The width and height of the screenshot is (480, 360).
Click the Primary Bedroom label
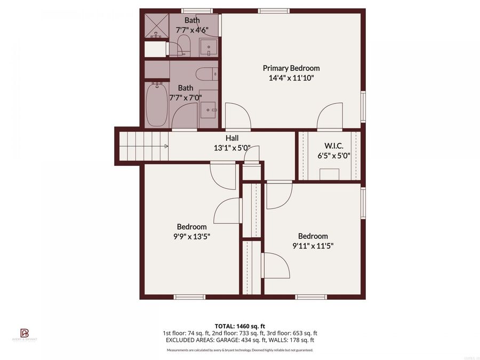pyautogui.click(x=291, y=68)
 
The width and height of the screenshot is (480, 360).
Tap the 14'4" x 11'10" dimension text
pyautogui.click(x=291, y=78)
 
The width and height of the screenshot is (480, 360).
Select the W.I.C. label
pyautogui.click(x=333, y=146)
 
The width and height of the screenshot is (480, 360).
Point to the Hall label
pyautogui.click(x=231, y=138)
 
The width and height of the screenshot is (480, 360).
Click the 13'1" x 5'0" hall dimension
pyautogui.click(x=231, y=148)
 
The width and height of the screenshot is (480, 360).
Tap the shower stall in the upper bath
pyautogui.click(x=156, y=26)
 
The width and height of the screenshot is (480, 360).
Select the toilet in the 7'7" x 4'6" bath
pyautogui.click(x=180, y=46)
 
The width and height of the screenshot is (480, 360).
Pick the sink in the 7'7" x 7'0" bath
pyautogui.click(x=209, y=110)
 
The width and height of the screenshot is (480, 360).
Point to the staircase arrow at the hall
pyautogui.click(x=166, y=146)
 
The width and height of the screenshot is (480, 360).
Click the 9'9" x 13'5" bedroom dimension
pyautogui.click(x=191, y=236)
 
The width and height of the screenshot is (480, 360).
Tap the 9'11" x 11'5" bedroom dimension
pyautogui.click(x=313, y=246)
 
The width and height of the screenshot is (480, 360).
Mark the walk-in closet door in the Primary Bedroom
pyautogui.click(x=329, y=117)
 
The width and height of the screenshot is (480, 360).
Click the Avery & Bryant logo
pyautogui.click(x=24, y=334)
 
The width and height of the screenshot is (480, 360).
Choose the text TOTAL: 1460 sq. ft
pyautogui.click(x=239, y=325)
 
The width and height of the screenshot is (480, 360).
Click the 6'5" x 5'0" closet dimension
pyautogui.click(x=333, y=156)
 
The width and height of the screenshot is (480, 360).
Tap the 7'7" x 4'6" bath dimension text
pyautogui.click(x=193, y=30)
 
